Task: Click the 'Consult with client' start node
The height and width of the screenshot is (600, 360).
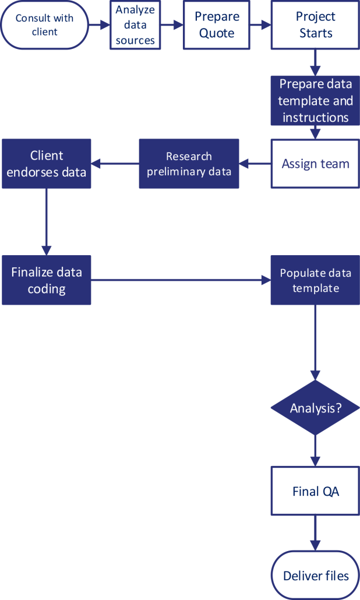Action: coord(44,25)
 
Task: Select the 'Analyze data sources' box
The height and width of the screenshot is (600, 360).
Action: coord(135,25)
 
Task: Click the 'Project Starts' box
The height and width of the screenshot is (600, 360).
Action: coord(315,25)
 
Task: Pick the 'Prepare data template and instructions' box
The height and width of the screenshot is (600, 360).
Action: coord(315,100)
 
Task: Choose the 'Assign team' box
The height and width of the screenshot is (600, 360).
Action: coord(315,164)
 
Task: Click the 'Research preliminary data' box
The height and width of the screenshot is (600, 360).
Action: coord(189,164)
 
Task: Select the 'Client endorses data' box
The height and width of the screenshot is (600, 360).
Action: coord(47,164)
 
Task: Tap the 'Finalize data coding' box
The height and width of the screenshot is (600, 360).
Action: coord(47,280)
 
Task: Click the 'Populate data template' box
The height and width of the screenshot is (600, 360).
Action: coord(315,280)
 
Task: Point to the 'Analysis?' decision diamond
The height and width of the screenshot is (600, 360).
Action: coord(315,408)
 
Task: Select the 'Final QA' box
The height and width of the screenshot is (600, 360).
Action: coord(315,491)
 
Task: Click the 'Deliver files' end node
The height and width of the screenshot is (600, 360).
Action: coord(315,575)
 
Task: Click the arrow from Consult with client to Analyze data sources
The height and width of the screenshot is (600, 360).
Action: coord(99,25)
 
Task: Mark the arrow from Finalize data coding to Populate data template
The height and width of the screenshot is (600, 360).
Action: coord(181,280)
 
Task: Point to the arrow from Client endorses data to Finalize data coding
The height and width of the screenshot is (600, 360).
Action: coord(47,221)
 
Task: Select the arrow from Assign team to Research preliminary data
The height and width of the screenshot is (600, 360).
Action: coord(255,164)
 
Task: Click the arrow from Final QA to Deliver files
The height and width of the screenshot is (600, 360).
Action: coord(315,532)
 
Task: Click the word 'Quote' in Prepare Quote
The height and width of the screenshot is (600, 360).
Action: coord(216,33)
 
